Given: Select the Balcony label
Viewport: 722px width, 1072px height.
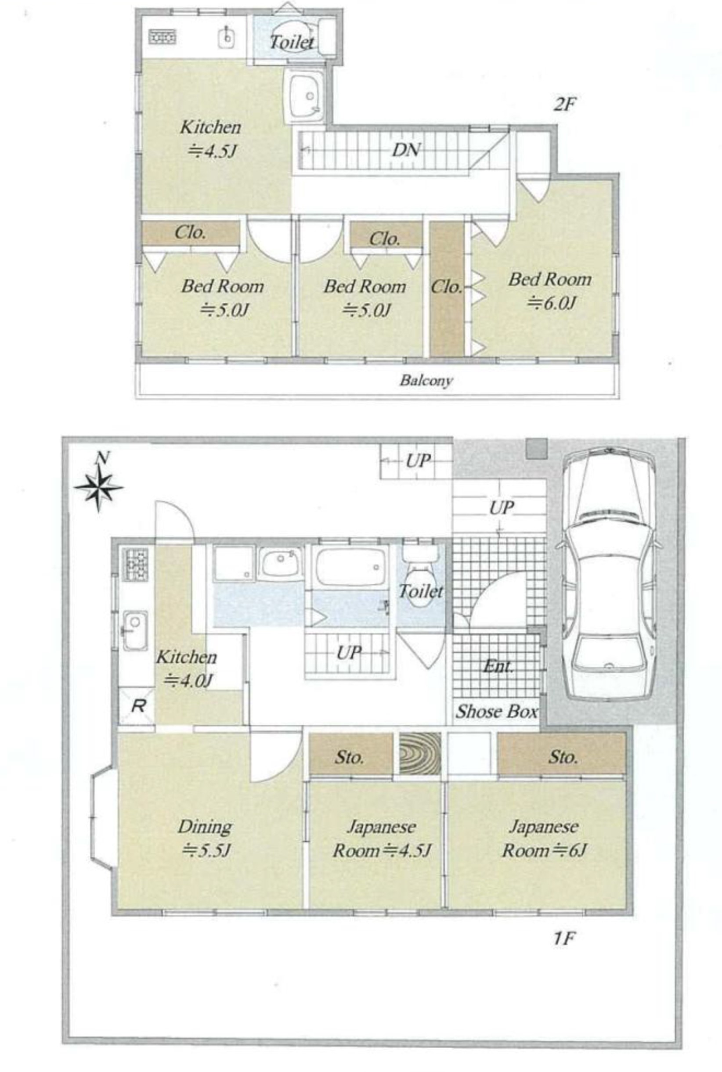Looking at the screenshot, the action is [x=426, y=381].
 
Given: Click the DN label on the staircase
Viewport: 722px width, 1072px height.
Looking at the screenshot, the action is [x=406, y=150].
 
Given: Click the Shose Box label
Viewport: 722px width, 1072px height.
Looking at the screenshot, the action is [x=496, y=712].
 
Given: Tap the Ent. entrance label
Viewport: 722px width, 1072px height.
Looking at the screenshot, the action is [x=498, y=666].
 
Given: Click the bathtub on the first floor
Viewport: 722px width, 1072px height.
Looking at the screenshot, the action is [x=350, y=567].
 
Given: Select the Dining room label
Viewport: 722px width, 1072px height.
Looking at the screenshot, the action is [x=205, y=838].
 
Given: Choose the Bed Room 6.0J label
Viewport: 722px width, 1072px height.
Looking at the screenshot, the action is [x=550, y=291].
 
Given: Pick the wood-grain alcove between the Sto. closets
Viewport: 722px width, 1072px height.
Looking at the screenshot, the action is [x=419, y=753].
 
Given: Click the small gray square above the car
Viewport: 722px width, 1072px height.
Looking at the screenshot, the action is [x=537, y=448].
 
